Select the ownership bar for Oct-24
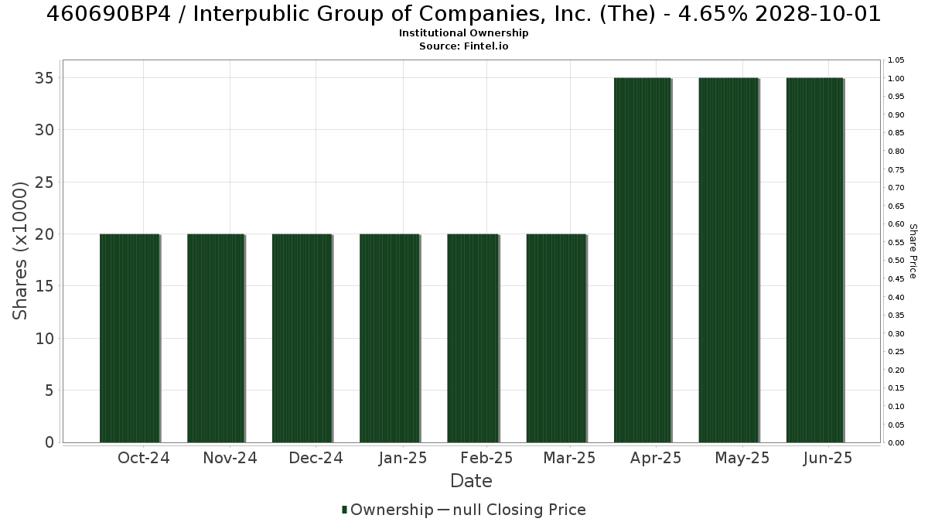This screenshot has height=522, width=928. pos(130,338)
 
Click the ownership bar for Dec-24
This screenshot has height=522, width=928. pos(302,338)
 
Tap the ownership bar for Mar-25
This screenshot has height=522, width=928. pos(556,338)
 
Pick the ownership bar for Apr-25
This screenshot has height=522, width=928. pos(643,260)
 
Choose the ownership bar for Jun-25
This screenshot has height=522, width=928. pos(815,260)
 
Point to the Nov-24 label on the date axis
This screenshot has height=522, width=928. pos(230,458)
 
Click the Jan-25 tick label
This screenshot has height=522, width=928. pos(403,458)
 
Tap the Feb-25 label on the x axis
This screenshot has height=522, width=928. pos(486,458)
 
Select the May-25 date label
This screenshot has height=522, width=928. pos(742,458)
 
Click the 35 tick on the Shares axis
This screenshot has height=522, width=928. pos(45,78)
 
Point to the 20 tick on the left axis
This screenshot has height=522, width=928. pos(45,234)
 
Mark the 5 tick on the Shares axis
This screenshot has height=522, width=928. pos(49,391)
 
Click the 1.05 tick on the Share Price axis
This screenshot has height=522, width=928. pos(896,60)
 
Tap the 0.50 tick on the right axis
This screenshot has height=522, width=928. pos(896,261)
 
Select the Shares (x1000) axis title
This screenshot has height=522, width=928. pos(19,251)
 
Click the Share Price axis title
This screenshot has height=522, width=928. pos(913,251)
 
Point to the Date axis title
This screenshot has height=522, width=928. pos(471,481)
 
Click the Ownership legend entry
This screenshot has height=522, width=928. pos(387,510)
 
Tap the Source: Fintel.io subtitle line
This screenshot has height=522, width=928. pos(463,46)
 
